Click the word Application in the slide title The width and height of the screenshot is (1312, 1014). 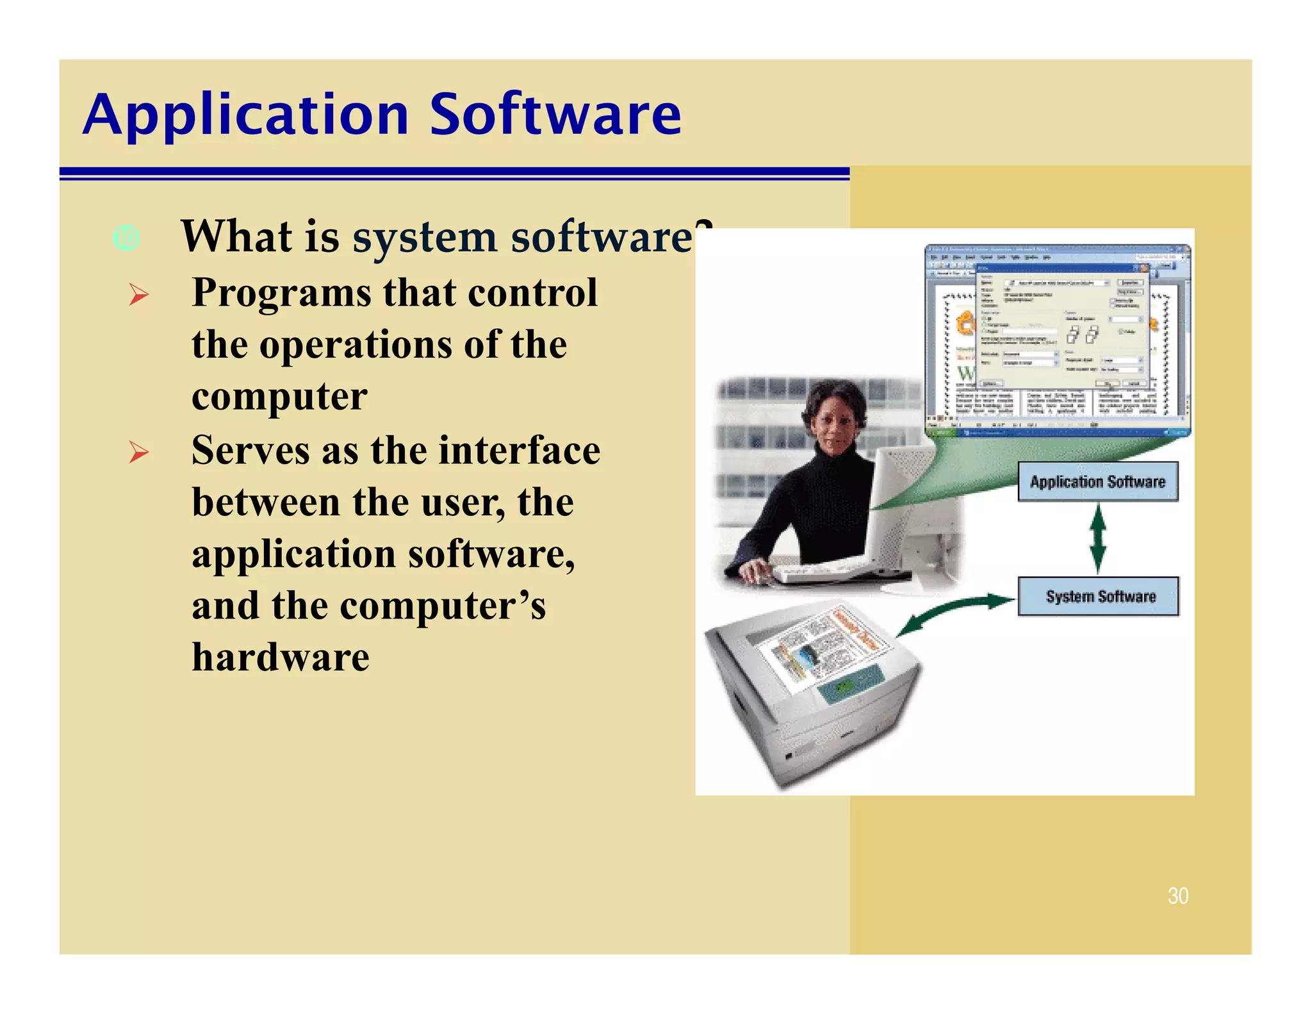click(246, 115)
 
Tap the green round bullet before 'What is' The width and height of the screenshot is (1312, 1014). click(126, 238)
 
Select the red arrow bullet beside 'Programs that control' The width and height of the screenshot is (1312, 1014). click(138, 295)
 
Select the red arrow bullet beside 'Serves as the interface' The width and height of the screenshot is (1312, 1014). click(138, 453)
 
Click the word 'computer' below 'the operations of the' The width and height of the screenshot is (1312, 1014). click(279, 397)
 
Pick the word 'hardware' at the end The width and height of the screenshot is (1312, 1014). click(281, 658)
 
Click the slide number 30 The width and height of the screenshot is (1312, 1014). click(1177, 895)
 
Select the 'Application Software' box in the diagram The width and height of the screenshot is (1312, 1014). click(1097, 481)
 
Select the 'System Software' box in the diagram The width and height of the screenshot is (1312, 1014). click(1099, 596)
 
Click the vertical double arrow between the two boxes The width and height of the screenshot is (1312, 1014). click(1097, 538)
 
